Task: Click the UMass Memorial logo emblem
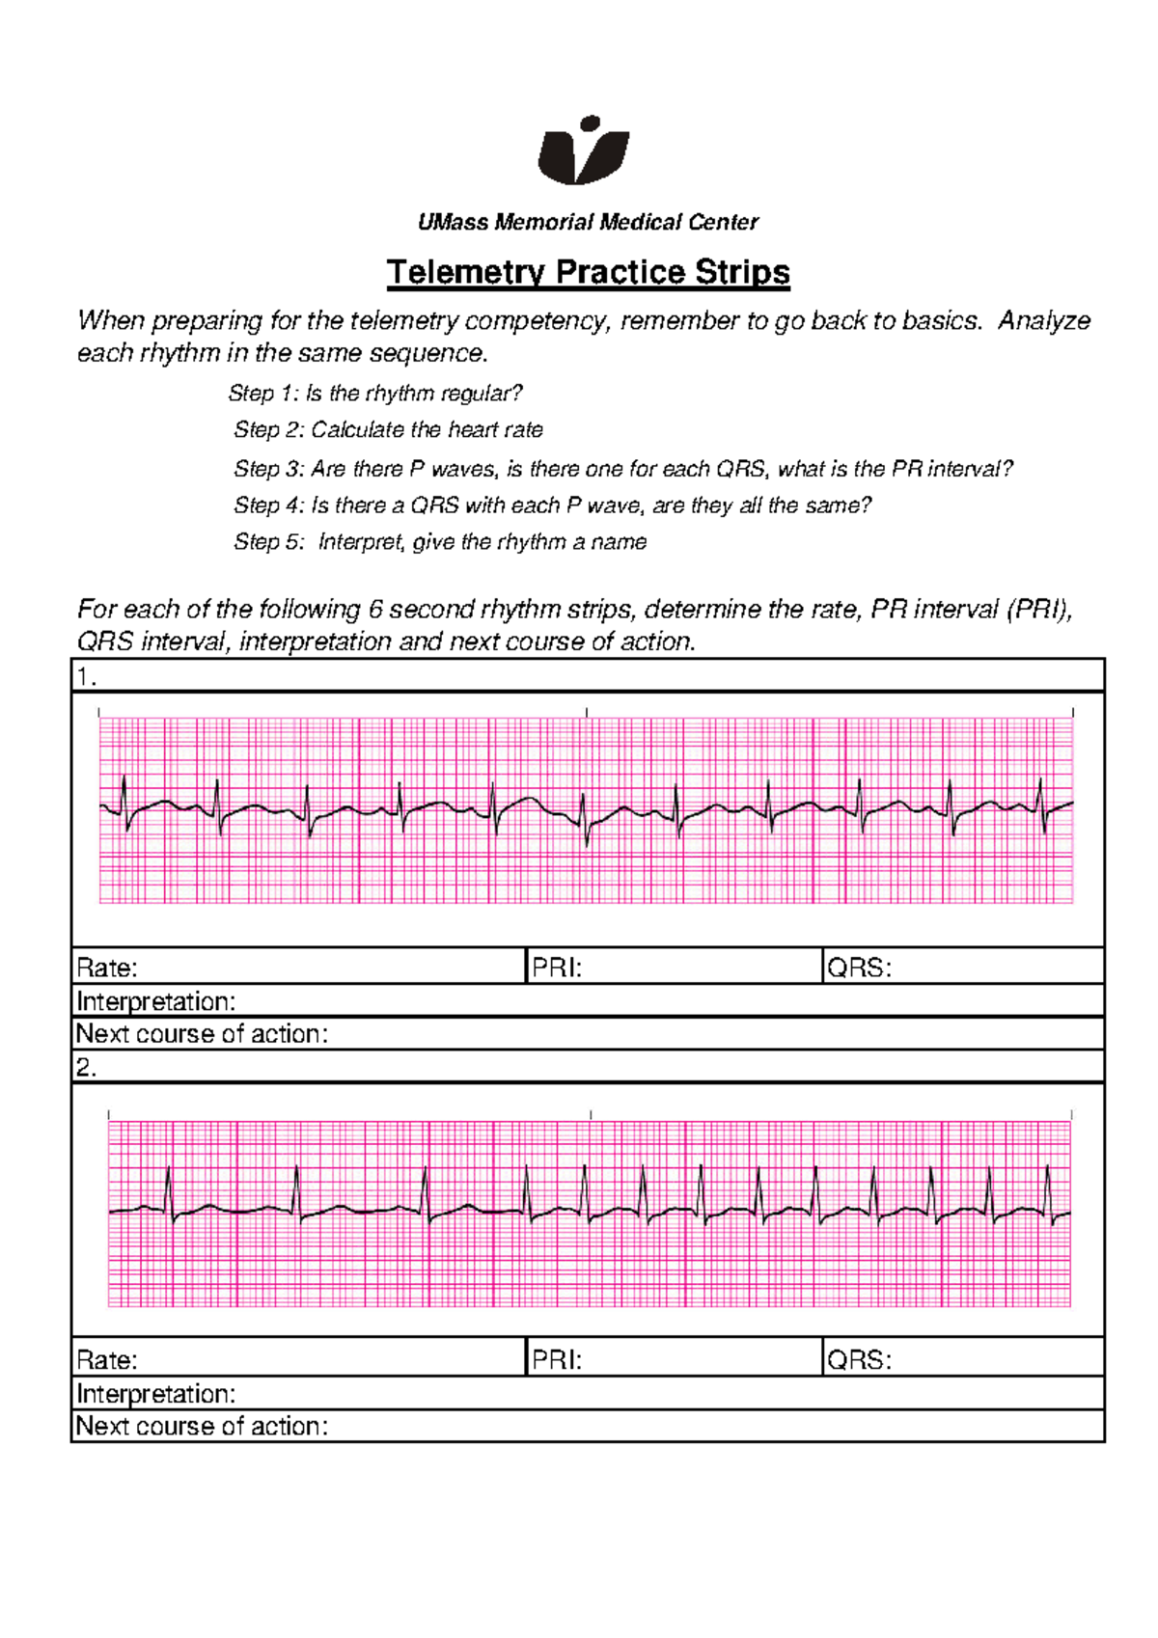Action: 583,151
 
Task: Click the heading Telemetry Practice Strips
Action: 588,272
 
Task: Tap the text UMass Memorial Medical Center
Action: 588,223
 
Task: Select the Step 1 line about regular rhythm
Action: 375,394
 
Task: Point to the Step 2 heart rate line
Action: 388,430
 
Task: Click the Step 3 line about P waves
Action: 622,470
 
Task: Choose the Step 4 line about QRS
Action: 552,505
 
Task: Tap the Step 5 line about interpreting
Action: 440,542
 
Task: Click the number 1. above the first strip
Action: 87,677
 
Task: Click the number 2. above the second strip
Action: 87,1068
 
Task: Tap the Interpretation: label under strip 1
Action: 155,1001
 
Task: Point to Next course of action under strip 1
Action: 202,1034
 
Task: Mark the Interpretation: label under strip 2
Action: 155,1394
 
